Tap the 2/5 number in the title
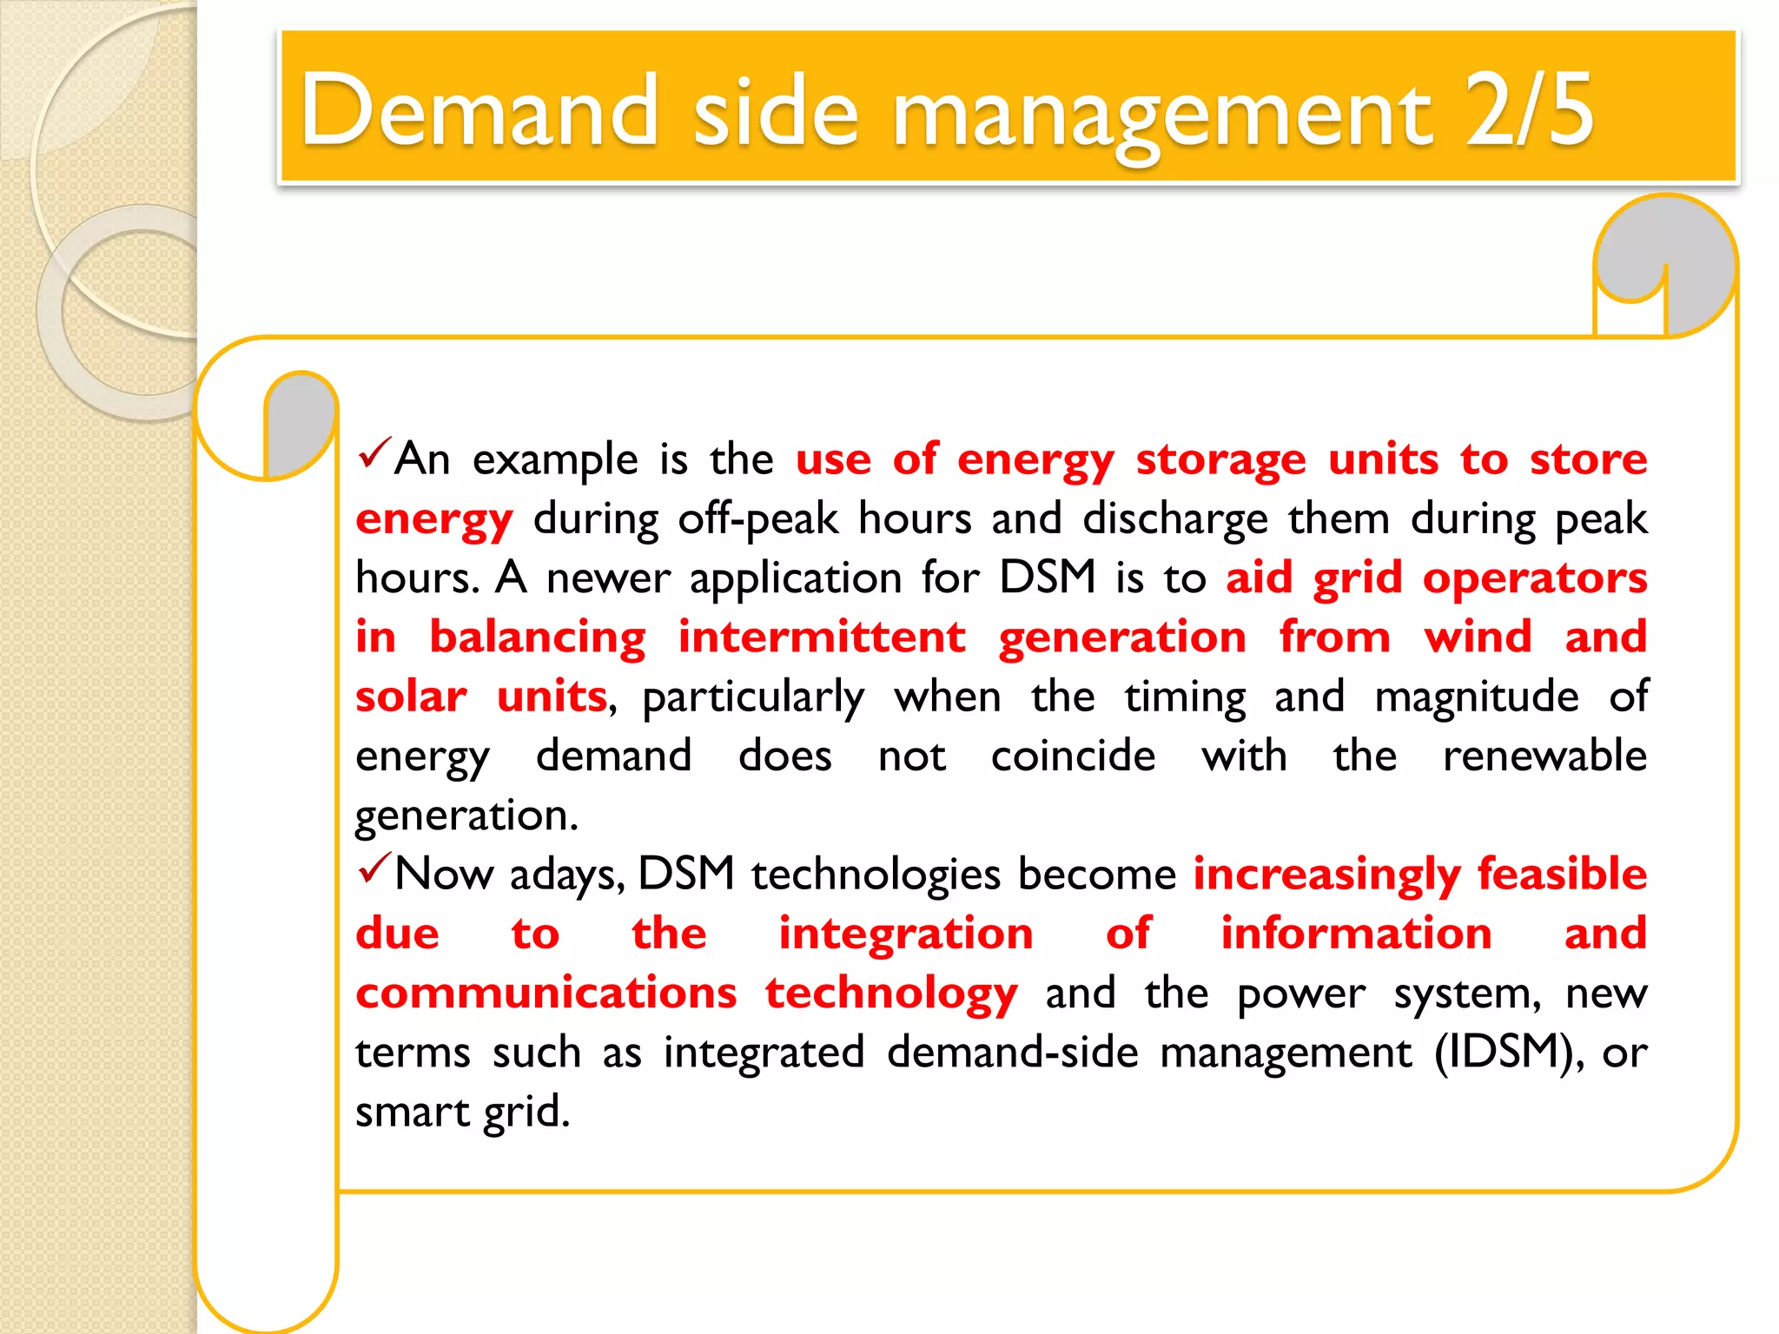tap(1529, 110)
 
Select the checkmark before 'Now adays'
tap(374, 868)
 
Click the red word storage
tap(1220, 459)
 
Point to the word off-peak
tap(757, 518)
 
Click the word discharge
tap(1175, 520)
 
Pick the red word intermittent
tap(821, 637)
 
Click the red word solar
tap(411, 697)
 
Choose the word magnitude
tap(1477, 697)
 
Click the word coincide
tap(1073, 756)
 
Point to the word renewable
tap(1544, 756)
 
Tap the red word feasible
tap(1562, 874)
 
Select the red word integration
tap(906, 934)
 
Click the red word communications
tap(546, 993)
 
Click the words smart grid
tap(462, 1112)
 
